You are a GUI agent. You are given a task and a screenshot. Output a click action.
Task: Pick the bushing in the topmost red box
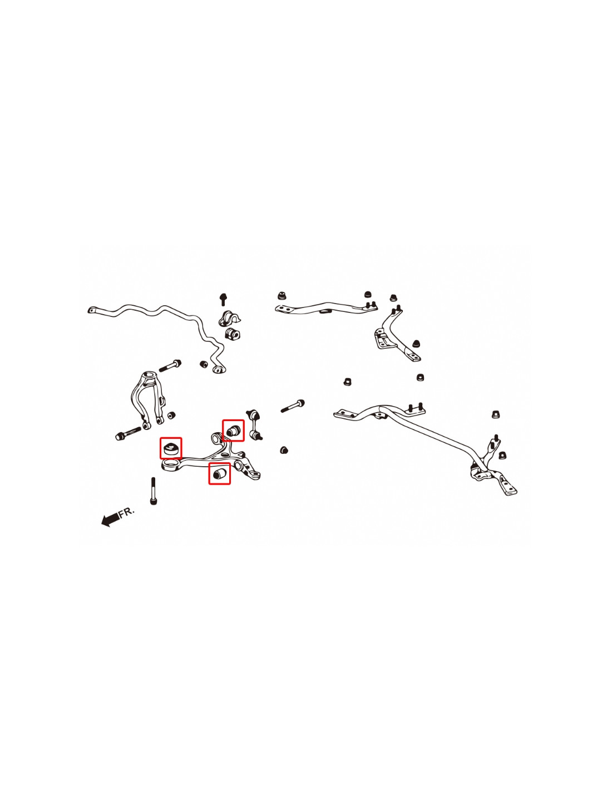[233, 430]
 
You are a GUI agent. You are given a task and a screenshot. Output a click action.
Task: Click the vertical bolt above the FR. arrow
[153, 491]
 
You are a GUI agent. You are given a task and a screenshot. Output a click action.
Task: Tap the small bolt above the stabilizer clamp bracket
[223, 299]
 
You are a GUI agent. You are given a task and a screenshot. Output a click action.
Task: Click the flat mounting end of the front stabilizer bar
[93, 310]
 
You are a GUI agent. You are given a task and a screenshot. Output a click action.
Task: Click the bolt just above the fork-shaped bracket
[170, 365]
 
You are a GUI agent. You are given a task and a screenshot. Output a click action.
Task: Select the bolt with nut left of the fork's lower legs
[128, 433]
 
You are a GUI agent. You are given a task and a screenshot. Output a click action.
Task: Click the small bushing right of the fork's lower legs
[171, 415]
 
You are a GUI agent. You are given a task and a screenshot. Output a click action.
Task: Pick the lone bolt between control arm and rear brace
[293, 405]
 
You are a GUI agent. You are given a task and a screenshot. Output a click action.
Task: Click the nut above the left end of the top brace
[281, 295]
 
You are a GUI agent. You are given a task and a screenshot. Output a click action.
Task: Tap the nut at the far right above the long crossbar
[495, 414]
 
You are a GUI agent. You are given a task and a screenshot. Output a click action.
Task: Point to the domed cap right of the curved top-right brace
[416, 343]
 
